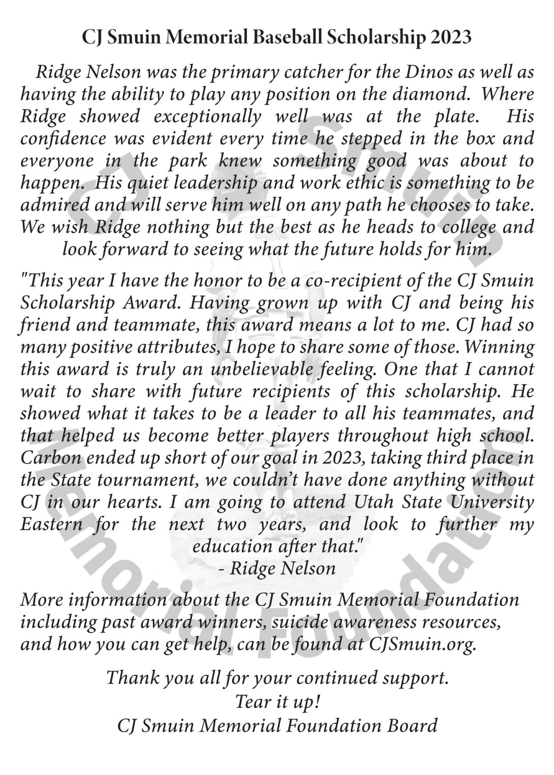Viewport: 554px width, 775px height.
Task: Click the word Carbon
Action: click(x=51, y=458)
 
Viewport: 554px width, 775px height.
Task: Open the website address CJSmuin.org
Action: click(x=423, y=644)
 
